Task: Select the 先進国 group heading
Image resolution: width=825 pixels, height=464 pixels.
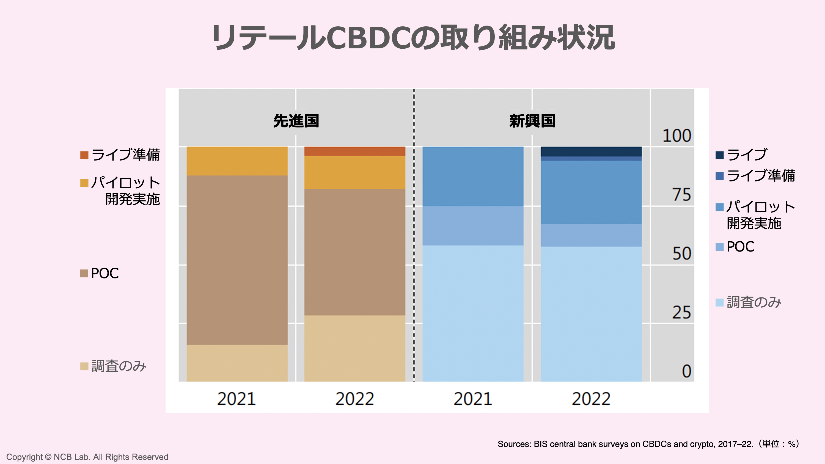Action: [x=296, y=121]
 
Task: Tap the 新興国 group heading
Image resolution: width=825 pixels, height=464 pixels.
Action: [x=532, y=121]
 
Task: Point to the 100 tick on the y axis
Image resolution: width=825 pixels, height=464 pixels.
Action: [x=676, y=136]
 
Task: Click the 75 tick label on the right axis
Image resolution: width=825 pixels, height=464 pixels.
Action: [x=681, y=195]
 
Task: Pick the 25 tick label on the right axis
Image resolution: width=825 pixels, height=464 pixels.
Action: [x=681, y=312]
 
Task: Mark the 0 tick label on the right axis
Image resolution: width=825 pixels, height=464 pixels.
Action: [x=686, y=371]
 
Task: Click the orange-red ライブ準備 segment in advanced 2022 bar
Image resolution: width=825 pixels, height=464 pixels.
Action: [x=354, y=151]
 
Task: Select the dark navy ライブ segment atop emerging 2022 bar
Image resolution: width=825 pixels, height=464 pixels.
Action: [x=591, y=151]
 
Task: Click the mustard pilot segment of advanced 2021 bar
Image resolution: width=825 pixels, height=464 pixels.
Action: [x=237, y=161]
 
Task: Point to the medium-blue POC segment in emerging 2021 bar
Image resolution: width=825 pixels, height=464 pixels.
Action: [x=473, y=226]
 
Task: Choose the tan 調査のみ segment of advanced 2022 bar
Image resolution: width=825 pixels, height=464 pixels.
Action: [x=354, y=348]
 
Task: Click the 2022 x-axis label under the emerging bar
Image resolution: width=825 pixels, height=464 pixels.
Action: [x=591, y=399]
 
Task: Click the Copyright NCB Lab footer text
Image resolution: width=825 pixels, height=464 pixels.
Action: [x=87, y=457]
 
